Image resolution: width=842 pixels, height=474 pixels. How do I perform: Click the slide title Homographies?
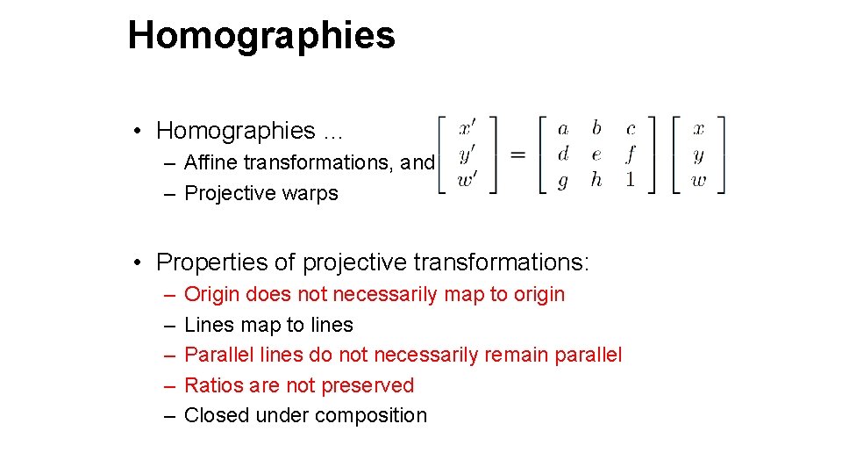[x=261, y=36]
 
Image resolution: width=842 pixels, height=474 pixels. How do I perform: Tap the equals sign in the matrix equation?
[x=518, y=154]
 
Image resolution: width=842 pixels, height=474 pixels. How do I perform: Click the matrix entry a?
[x=563, y=129]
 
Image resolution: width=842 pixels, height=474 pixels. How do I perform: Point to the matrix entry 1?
[x=630, y=180]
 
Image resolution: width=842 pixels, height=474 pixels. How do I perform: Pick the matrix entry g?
[x=562, y=181]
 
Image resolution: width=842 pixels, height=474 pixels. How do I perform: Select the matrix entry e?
[x=596, y=154]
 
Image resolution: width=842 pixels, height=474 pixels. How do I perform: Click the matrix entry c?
[x=631, y=129]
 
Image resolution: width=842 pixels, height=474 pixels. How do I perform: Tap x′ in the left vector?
[x=468, y=128]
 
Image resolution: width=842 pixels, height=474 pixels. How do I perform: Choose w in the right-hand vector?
[x=698, y=181]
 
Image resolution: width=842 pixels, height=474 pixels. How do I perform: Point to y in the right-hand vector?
[x=698, y=155]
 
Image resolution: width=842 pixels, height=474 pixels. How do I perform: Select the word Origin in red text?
[x=212, y=294]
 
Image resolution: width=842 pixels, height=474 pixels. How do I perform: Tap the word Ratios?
[x=212, y=385]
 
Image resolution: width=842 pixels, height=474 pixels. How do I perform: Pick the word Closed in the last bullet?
[x=217, y=416]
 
